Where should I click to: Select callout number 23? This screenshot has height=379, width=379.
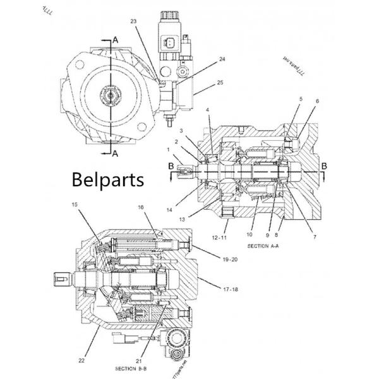pos(133,21)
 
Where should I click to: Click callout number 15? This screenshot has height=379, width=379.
pos(75,205)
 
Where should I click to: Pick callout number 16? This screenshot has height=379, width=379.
pos(141,207)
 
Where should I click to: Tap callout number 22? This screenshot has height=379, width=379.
pos(81,361)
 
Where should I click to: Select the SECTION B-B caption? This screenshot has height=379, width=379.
pos(132,368)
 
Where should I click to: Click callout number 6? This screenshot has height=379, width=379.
pos(317,101)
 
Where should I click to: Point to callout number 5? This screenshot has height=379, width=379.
pos(301,99)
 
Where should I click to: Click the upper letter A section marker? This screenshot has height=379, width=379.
pos(115,39)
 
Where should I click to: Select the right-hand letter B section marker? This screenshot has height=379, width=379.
pos(324,165)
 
